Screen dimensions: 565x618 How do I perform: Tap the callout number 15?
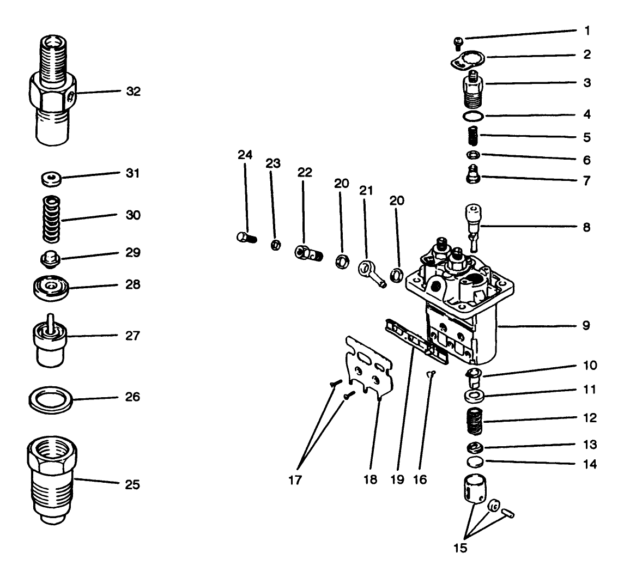click(461, 548)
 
